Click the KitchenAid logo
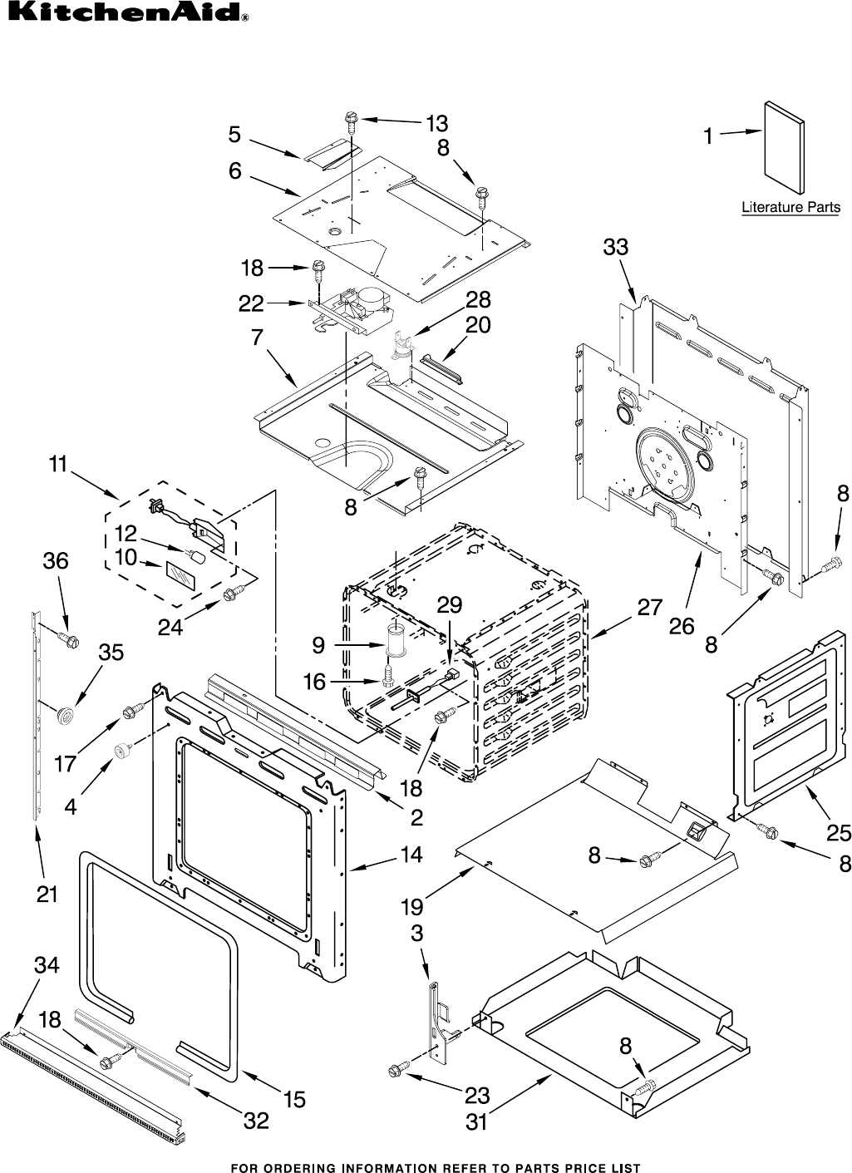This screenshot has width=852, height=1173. click(125, 15)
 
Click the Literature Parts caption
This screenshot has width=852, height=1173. click(790, 207)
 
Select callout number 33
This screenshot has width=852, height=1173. click(616, 247)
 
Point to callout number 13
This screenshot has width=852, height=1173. click(436, 124)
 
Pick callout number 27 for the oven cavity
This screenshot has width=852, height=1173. click(649, 608)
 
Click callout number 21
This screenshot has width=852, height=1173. click(47, 894)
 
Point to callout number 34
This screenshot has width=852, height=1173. click(47, 965)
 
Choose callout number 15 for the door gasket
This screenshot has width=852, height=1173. click(294, 1099)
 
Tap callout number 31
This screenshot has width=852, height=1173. click(476, 1121)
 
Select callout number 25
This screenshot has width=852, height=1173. click(839, 832)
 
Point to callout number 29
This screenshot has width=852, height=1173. click(449, 605)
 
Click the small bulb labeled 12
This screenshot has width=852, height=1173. click(199, 554)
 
